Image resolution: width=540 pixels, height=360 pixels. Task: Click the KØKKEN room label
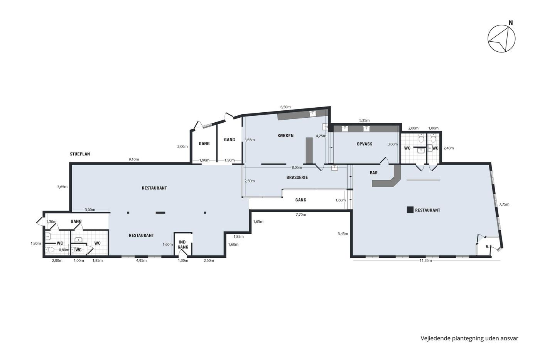click(285, 136)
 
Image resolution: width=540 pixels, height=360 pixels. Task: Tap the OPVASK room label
click(364, 144)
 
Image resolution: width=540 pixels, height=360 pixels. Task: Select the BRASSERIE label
click(297, 177)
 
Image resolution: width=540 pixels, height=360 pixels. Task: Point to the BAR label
click(374, 172)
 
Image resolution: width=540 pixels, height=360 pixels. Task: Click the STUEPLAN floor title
click(80, 154)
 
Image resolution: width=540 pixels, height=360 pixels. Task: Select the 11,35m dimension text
click(426, 260)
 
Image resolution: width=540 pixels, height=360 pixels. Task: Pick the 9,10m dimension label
click(133, 159)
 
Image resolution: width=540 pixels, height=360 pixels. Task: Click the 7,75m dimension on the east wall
click(504, 204)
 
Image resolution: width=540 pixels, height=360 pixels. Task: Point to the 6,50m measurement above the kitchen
click(285, 107)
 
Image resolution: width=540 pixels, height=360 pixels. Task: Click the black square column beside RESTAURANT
click(410, 210)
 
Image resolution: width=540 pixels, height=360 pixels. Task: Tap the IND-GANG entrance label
click(183, 245)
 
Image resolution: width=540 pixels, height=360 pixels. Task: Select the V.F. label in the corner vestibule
click(489, 247)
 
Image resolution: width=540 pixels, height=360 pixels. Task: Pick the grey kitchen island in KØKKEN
click(309, 150)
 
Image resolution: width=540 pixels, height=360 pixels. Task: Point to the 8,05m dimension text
click(297, 167)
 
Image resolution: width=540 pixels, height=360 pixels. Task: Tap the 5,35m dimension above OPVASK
click(364, 120)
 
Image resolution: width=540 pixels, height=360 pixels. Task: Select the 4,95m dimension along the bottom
click(141, 260)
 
